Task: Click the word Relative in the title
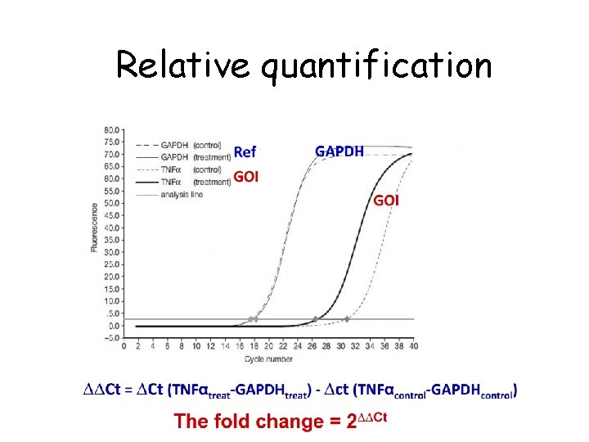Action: (182, 65)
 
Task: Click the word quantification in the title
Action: (376, 65)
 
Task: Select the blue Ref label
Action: (245, 151)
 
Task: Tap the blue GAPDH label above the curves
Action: (339, 151)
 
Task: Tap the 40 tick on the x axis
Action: (414, 346)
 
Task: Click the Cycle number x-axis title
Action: (268, 358)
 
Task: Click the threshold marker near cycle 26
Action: (315, 319)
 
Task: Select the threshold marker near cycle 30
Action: (346, 319)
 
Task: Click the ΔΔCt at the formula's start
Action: (101, 390)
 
